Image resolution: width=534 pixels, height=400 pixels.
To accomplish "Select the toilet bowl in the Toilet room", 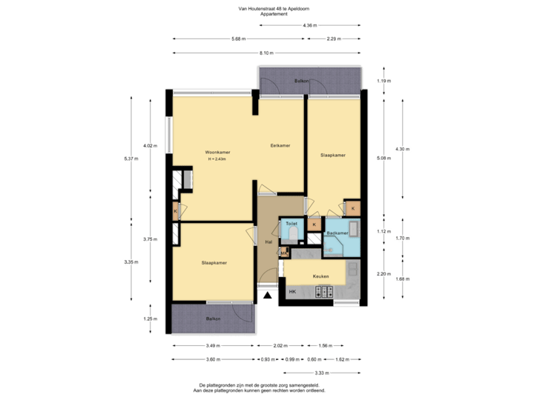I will [294, 235].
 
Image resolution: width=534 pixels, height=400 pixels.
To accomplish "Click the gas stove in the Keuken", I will [325, 293].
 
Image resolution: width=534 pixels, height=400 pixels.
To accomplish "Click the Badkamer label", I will [337, 233].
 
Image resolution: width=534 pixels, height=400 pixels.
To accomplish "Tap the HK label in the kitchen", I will [291, 293].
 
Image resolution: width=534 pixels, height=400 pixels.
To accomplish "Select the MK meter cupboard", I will [283, 254].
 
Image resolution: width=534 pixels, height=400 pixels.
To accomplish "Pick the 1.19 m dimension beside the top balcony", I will [383, 81].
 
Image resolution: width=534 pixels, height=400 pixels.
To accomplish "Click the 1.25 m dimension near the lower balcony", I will [151, 319].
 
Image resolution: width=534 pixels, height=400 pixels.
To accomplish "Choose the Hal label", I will [268, 241].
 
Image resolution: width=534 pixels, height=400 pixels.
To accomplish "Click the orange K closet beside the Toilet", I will [314, 224].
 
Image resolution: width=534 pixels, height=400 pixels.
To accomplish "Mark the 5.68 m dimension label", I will [238, 39].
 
